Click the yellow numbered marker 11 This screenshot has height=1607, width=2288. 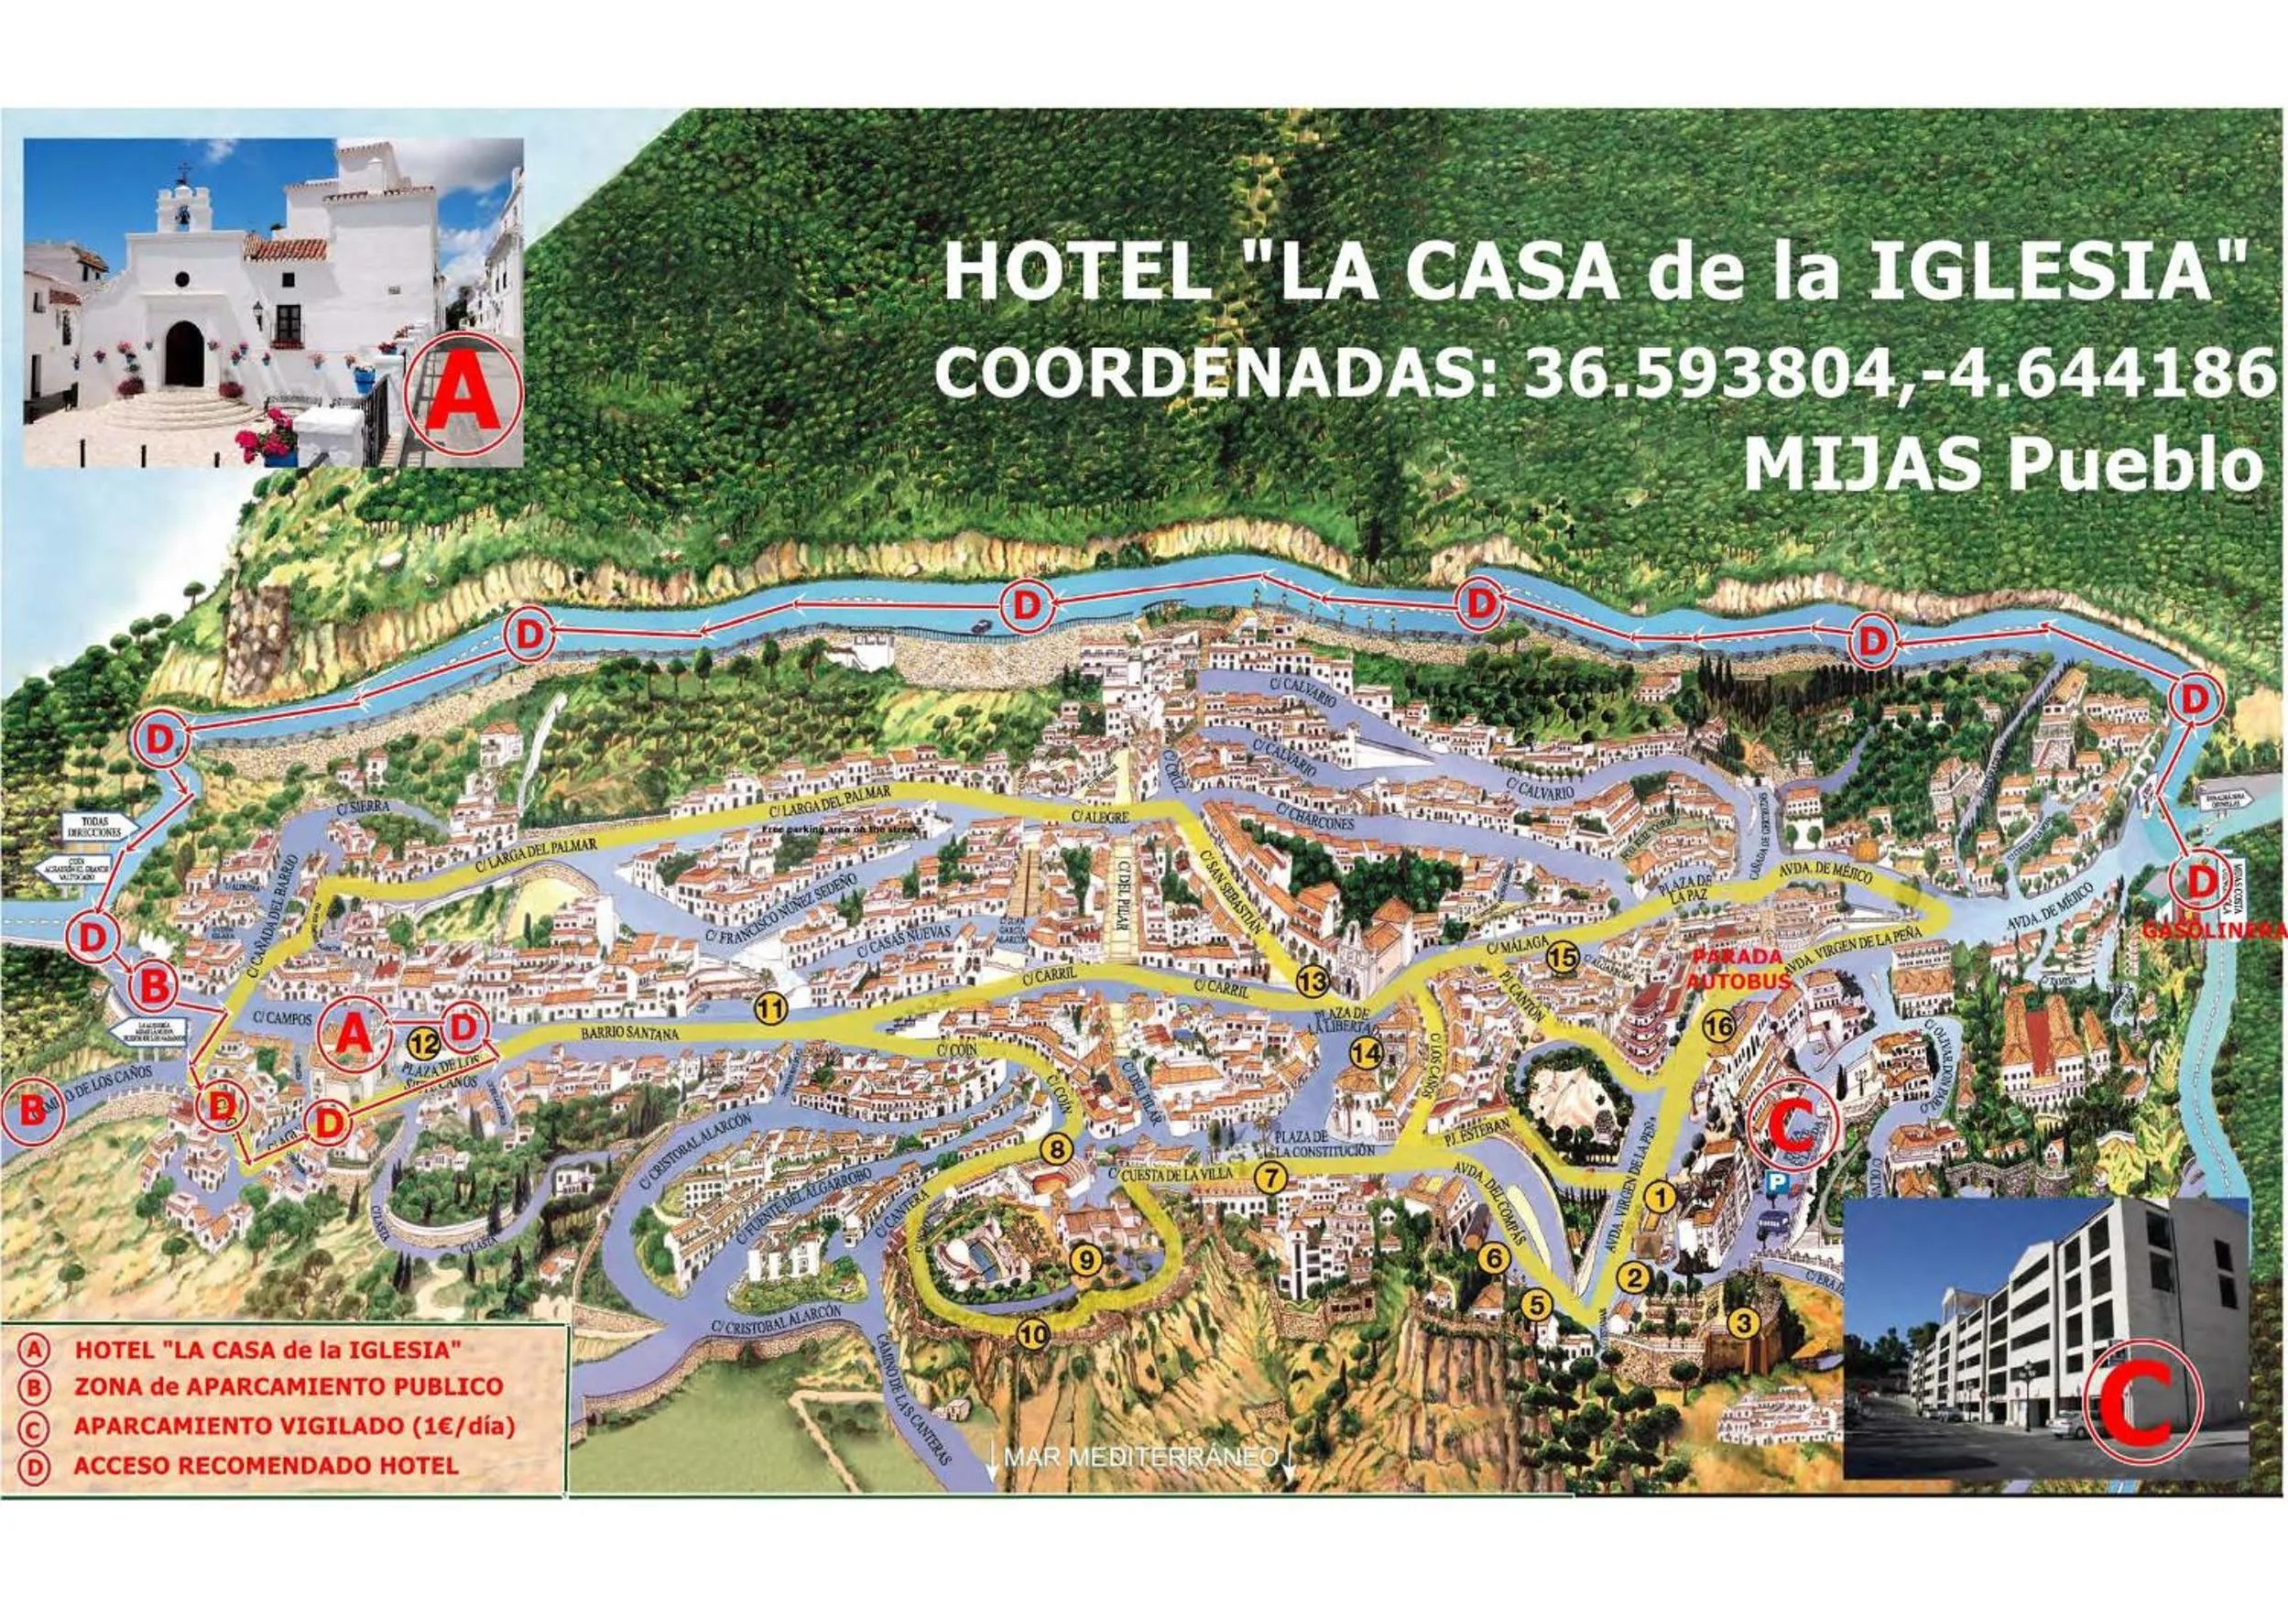click(x=770, y=1009)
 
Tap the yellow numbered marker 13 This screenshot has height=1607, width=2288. click(x=1313, y=983)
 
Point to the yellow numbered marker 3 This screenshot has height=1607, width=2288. click(x=1742, y=1324)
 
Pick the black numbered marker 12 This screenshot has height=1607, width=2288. click(x=423, y=1044)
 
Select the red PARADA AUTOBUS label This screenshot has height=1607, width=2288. click(x=1736, y=967)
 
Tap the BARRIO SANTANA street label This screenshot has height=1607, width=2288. click(x=629, y=1033)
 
